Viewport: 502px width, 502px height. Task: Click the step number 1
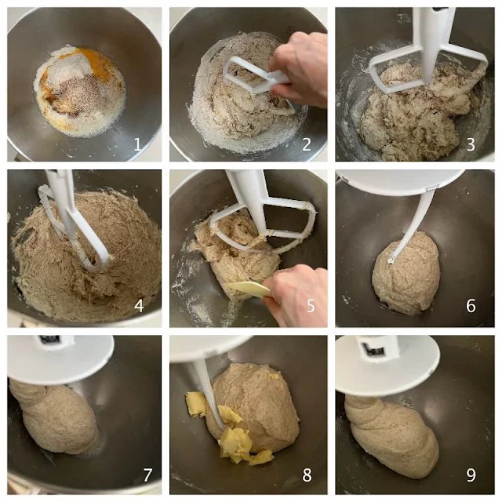click(138, 144)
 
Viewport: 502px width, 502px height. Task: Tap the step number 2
click(307, 144)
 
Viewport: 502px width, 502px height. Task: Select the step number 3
click(471, 144)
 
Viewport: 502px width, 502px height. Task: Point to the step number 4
click(139, 306)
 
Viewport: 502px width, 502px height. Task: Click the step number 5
click(311, 306)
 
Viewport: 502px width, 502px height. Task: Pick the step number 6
click(471, 306)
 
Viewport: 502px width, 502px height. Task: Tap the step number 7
click(147, 475)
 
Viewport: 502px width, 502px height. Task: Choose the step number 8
click(307, 475)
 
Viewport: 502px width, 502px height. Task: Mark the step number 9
click(471, 475)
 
